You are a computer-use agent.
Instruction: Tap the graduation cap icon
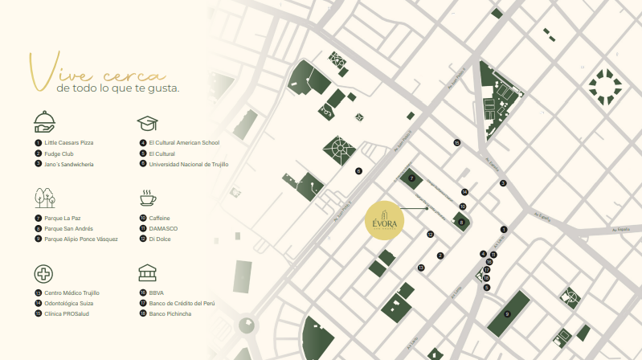click(x=147, y=122)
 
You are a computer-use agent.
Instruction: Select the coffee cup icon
click(x=147, y=198)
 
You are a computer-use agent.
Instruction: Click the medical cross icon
click(x=43, y=273)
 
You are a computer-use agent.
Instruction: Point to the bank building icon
click(x=147, y=272)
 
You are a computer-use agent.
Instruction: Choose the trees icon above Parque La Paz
click(x=44, y=198)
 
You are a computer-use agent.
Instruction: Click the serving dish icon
click(x=44, y=122)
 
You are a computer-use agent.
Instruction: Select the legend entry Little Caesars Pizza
click(x=68, y=142)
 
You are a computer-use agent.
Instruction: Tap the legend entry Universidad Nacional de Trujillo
click(x=188, y=163)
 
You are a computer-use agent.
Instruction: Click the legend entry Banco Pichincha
click(x=170, y=313)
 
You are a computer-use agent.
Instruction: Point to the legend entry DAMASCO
click(x=163, y=228)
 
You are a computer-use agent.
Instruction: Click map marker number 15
click(x=456, y=143)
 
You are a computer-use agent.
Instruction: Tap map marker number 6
click(x=359, y=170)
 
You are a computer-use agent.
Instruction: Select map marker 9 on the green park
click(x=508, y=313)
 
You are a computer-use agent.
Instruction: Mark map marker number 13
click(x=420, y=267)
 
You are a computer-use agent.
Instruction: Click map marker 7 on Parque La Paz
click(x=411, y=178)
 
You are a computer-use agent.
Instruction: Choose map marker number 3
click(x=503, y=183)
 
